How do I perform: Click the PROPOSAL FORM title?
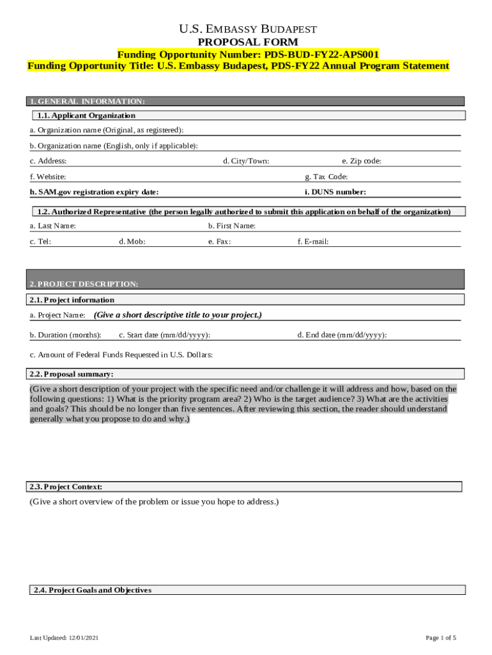point(247,42)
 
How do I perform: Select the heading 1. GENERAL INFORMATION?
point(87,101)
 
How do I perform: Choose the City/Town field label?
point(246,161)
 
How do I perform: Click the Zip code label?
point(362,161)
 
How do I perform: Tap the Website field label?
point(48,177)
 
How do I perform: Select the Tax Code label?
point(327,177)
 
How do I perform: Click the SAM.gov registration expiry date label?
point(94,192)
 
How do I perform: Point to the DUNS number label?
point(335,192)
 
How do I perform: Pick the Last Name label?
point(53,226)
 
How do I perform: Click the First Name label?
point(232,226)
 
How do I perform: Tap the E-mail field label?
point(313,242)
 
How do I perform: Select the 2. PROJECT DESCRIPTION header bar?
point(246,283)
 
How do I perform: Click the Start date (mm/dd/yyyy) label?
point(165,335)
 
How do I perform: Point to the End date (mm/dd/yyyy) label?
point(342,335)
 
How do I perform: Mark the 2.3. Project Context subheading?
point(66,487)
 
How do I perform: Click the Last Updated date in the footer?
point(64,638)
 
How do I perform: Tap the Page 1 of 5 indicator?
point(441,638)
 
